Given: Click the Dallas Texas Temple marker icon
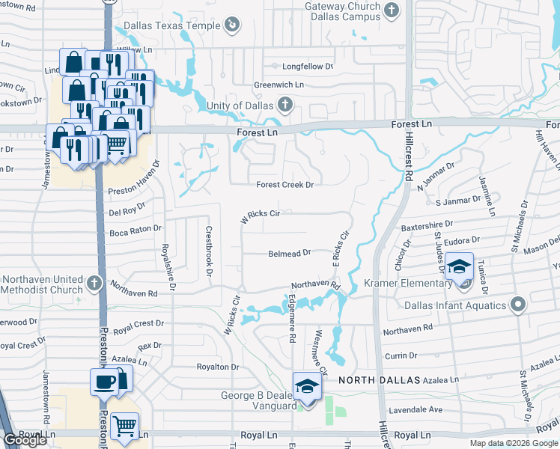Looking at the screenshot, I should [232, 25].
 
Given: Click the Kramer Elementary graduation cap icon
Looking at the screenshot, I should [458, 266].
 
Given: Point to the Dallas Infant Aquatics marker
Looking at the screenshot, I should [517, 304].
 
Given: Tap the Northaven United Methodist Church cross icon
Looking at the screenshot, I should [93, 283].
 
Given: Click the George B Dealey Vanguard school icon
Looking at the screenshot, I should [306, 385].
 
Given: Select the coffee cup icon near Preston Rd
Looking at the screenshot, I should [103, 382].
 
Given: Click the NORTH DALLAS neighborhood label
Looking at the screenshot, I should [379, 380].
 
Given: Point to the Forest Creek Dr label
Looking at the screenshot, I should [284, 184].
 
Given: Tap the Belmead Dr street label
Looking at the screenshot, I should [289, 254].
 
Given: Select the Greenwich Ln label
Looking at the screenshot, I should [279, 85].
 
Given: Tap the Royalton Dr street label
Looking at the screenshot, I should [217, 367].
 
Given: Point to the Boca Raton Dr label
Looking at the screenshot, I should [135, 229].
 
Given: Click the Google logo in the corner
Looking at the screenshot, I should [25, 440].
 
